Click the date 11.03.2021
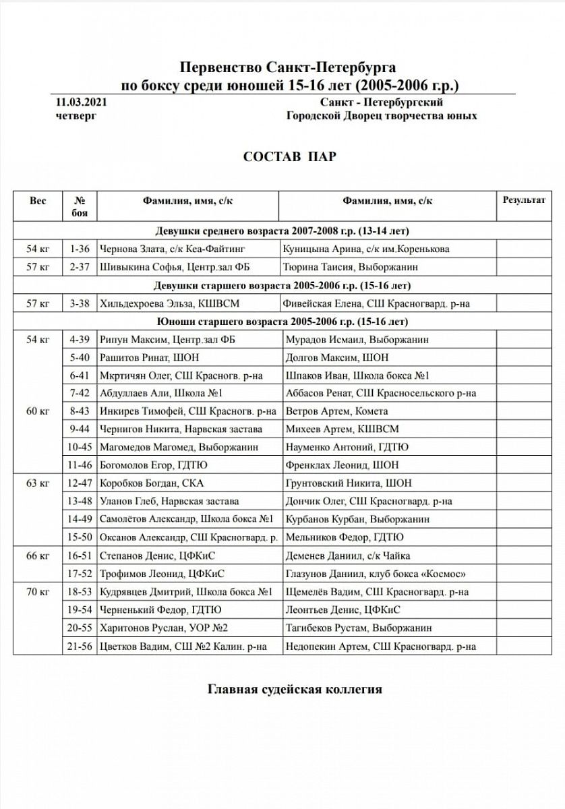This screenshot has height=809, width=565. (80, 102)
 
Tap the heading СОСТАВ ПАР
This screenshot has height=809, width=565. (289, 156)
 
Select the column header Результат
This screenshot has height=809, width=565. (524, 200)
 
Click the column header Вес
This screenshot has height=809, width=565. (38, 200)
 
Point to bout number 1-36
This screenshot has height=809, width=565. (80, 249)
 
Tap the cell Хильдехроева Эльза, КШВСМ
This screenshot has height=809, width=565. (169, 303)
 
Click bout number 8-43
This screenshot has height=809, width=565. (80, 411)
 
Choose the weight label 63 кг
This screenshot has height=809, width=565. (38, 483)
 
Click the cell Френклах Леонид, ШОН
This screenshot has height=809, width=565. (342, 465)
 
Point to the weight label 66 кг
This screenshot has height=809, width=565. (38, 556)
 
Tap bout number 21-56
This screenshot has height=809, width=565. (80, 647)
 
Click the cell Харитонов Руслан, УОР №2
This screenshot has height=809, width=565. (163, 628)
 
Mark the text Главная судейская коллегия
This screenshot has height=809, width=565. (295, 690)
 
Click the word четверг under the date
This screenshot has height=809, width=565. (76, 116)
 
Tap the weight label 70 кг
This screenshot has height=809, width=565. (38, 593)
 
